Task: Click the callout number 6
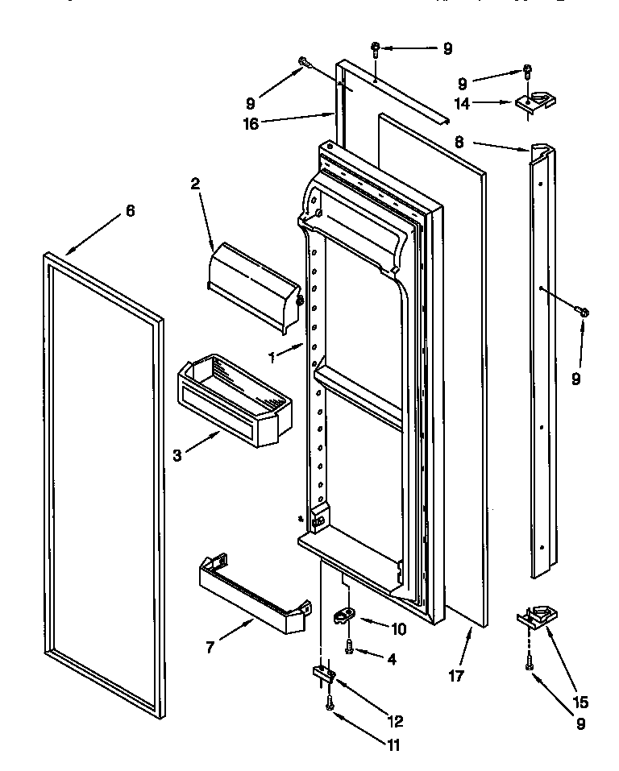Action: [x=130, y=211]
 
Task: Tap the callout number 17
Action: [x=456, y=676]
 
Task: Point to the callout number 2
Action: [x=195, y=184]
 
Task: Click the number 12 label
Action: [x=395, y=721]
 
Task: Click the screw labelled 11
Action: [x=330, y=703]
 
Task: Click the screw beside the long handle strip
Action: [x=584, y=310]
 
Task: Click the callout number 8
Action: [x=459, y=142]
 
